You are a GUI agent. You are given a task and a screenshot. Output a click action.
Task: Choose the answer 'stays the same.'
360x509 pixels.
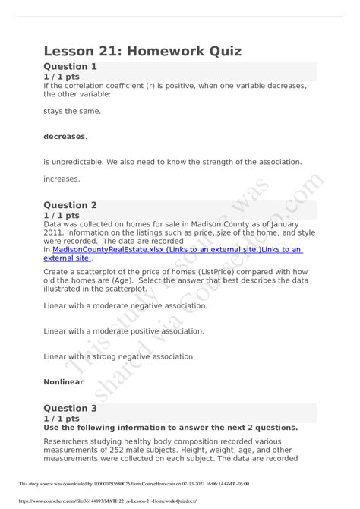72,111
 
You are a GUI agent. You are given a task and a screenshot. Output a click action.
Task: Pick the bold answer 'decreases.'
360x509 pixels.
65,137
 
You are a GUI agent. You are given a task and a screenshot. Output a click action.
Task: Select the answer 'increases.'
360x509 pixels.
62,179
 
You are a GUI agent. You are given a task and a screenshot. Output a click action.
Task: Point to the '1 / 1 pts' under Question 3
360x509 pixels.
63,419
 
